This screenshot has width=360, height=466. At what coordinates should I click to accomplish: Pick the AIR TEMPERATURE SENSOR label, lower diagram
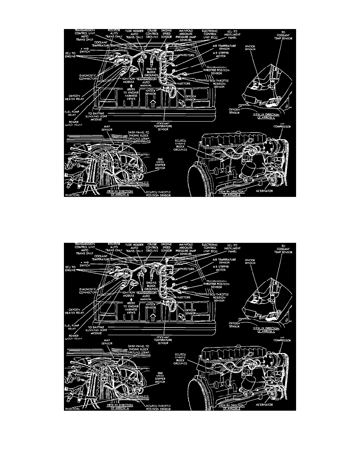[x=225, y=261]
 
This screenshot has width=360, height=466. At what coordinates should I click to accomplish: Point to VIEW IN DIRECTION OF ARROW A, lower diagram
[x=122, y=406]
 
